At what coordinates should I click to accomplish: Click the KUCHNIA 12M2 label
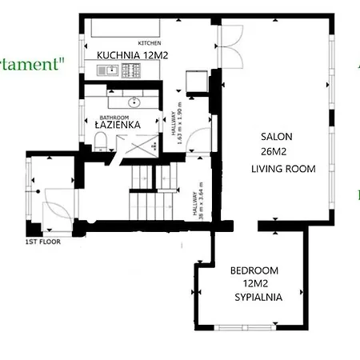[x=131, y=54]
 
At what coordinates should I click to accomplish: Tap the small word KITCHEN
[x=150, y=42]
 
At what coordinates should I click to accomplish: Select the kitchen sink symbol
[x=110, y=71]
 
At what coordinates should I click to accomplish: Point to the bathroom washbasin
[x=134, y=102]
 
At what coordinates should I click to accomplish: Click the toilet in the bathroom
[x=99, y=142]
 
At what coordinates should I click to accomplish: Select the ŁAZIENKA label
[x=118, y=125]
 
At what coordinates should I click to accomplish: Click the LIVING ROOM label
[x=283, y=169]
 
